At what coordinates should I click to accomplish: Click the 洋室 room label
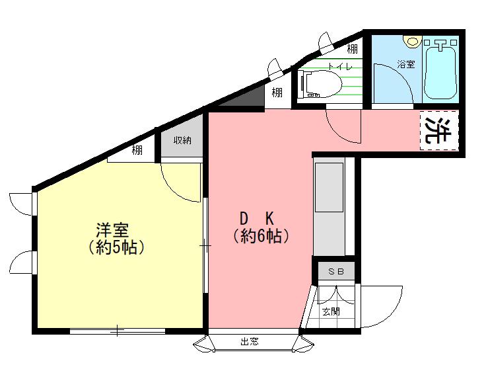click(x=112, y=230)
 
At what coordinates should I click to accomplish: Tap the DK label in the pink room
click(x=257, y=218)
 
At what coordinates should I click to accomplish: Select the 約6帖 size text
click(x=261, y=237)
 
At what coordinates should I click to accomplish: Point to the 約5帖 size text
click(x=116, y=247)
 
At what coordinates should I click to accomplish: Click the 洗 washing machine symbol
click(x=438, y=130)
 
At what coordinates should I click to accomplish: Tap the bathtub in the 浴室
click(x=440, y=69)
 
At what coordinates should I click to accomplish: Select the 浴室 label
click(x=406, y=64)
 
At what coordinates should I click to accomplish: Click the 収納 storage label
click(x=182, y=140)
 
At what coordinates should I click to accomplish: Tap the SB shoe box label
click(x=336, y=272)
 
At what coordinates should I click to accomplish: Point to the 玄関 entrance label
click(x=331, y=311)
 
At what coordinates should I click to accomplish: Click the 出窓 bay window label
click(x=250, y=342)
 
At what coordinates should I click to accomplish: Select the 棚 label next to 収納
click(x=137, y=150)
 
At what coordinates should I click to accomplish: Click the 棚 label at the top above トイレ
click(x=352, y=49)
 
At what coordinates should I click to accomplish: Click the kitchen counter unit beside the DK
click(x=329, y=207)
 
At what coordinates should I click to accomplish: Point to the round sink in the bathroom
click(x=413, y=41)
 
